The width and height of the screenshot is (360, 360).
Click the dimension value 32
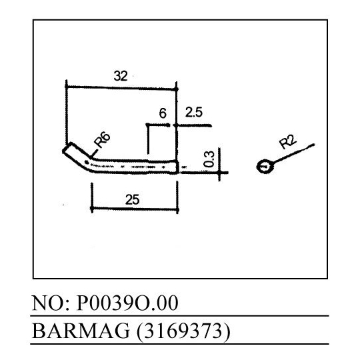click(121, 76)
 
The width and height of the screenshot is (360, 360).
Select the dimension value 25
click(133, 199)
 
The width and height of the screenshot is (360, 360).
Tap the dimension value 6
click(163, 113)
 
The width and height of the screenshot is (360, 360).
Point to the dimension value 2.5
click(194, 112)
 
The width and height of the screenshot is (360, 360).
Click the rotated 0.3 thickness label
click(209, 159)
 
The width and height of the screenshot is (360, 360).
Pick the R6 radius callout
click(102, 139)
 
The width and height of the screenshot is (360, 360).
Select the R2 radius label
click(288, 141)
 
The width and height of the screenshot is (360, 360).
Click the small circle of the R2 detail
click(265, 167)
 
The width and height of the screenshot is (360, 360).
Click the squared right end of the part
click(176, 167)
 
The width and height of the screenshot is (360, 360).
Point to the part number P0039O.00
click(127, 303)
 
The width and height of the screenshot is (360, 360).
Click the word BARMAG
click(81, 331)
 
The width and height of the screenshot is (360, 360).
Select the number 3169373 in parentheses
click(183, 331)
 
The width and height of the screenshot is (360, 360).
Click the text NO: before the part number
click(51, 303)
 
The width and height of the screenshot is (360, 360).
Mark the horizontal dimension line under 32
click(121, 88)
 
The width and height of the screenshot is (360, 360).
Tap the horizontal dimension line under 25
click(135, 209)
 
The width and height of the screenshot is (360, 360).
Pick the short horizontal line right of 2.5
click(194, 125)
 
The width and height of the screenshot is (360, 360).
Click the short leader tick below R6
click(95, 153)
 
